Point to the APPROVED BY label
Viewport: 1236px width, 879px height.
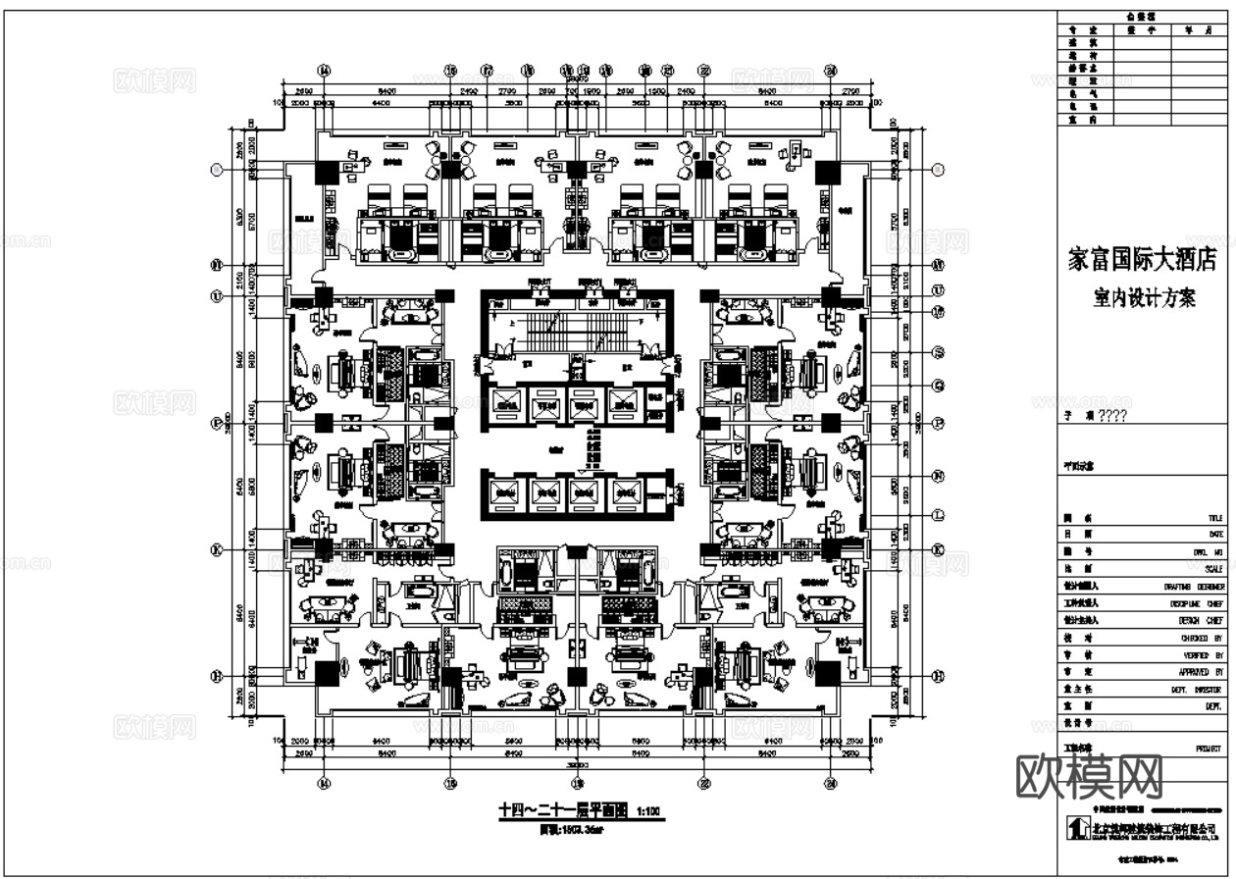(1203, 673)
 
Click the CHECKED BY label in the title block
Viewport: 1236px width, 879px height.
(1203, 639)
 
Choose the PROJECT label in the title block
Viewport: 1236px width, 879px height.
(1209, 749)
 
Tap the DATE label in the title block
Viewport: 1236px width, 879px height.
(1215, 535)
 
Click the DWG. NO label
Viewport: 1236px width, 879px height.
(1208, 552)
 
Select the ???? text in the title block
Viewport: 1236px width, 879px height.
(1112, 416)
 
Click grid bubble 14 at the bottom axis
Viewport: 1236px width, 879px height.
(325, 783)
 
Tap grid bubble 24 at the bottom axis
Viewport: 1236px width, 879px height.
(831, 783)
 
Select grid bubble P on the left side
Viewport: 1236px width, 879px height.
(218, 424)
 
